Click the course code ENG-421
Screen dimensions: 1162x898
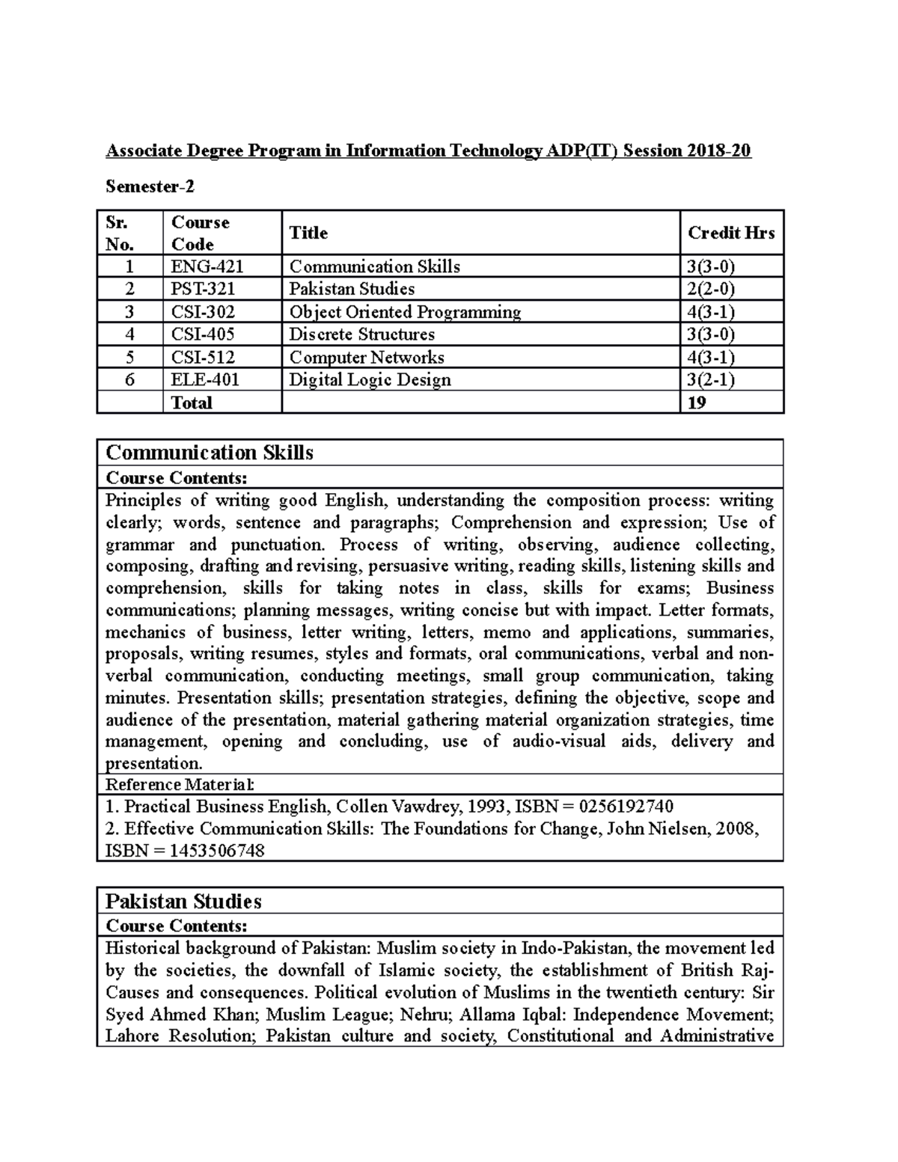(x=207, y=267)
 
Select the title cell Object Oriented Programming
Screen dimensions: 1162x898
(x=405, y=312)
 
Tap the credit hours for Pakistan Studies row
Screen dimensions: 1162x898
(x=710, y=290)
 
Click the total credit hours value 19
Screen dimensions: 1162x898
(x=697, y=403)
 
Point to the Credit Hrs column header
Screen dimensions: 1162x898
(x=730, y=233)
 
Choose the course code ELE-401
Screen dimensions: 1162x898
(x=205, y=380)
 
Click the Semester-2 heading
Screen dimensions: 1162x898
(x=150, y=187)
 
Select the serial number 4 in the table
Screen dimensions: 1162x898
(x=129, y=334)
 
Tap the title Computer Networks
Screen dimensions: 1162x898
(x=367, y=358)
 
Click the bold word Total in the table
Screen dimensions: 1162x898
(x=192, y=403)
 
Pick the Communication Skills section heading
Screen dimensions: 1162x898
(x=210, y=453)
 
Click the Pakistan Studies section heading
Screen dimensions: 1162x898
(x=183, y=901)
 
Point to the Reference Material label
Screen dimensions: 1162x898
(x=180, y=785)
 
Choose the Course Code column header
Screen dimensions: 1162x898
(x=200, y=233)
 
